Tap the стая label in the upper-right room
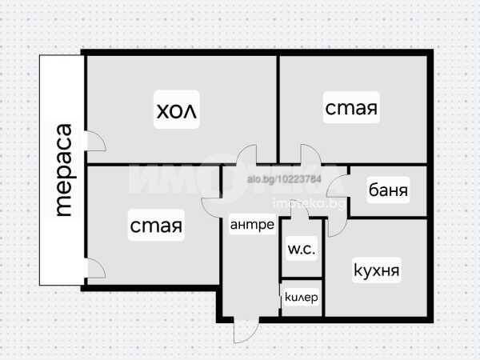pyautogui.click(x=351, y=108)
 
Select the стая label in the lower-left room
pyautogui.click(x=156, y=226)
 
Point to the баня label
pyautogui.click(x=388, y=190)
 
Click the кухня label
pyautogui.click(x=377, y=270)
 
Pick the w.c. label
pyautogui.click(x=302, y=249)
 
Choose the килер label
pyautogui.click(x=302, y=297)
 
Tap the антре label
pyautogui.click(x=252, y=224)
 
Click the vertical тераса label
pyautogui.click(x=64, y=170)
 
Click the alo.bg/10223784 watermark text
pyautogui.click(x=284, y=178)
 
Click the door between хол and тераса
pyautogui.click(x=96, y=141)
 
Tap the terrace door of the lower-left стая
pyautogui.click(x=95, y=269)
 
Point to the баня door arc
pyautogui.click(x=338, y=186)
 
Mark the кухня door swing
pyautogui.click(x=338, y=226)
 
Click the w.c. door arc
pyautogui.click(x=300, y=210)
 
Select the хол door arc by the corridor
pyautogui.click(x=246, y=154)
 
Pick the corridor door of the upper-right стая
pyautogui.click(x=311, y=154)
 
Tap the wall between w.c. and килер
pyautogui.click(x=302, y=278)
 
